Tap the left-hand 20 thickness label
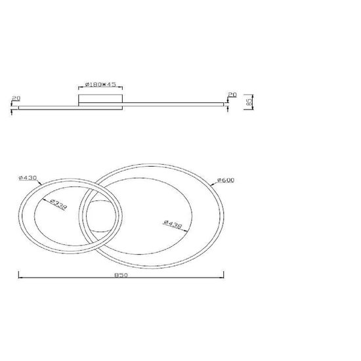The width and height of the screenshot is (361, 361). point(16,98)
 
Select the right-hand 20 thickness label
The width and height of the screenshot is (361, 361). point(231,95)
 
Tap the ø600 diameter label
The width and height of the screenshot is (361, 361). point(224,180)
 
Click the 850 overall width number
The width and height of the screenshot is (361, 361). point(119,274)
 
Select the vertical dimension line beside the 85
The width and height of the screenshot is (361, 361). point(244,101)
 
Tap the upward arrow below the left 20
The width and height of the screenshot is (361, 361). point(12,109)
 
